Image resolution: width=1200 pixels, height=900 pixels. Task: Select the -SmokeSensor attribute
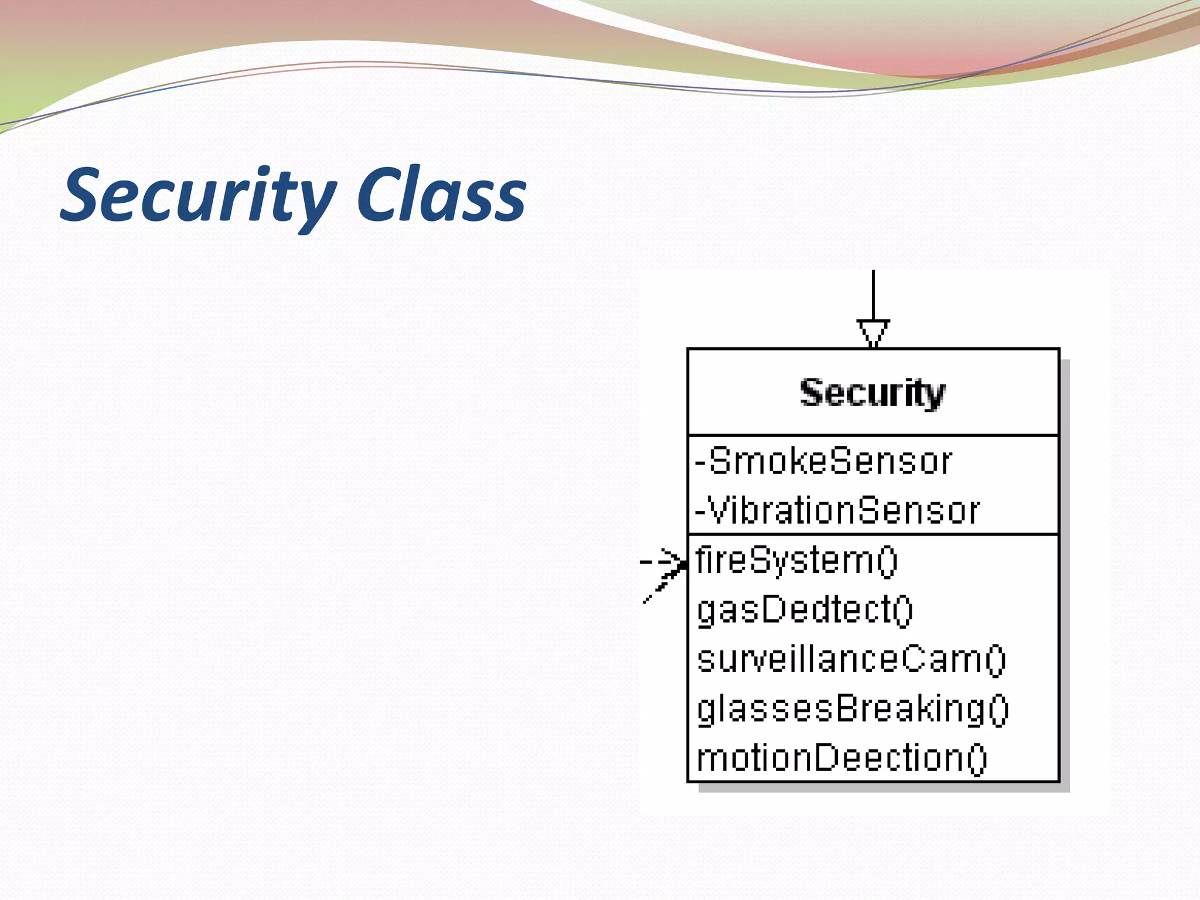823,461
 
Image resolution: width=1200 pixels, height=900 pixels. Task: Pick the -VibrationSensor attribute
837,510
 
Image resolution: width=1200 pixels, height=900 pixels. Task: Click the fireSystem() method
796,560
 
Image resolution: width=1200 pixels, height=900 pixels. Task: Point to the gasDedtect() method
804,610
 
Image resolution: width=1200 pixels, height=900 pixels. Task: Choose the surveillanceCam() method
851,659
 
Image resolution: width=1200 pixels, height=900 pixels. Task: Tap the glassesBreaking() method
853,709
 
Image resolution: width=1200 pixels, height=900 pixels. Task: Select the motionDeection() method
841,758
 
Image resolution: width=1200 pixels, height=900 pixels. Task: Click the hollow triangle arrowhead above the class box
873,332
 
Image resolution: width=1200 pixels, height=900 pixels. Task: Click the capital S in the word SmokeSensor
719,461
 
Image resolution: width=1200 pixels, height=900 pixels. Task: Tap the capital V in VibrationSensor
717,510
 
